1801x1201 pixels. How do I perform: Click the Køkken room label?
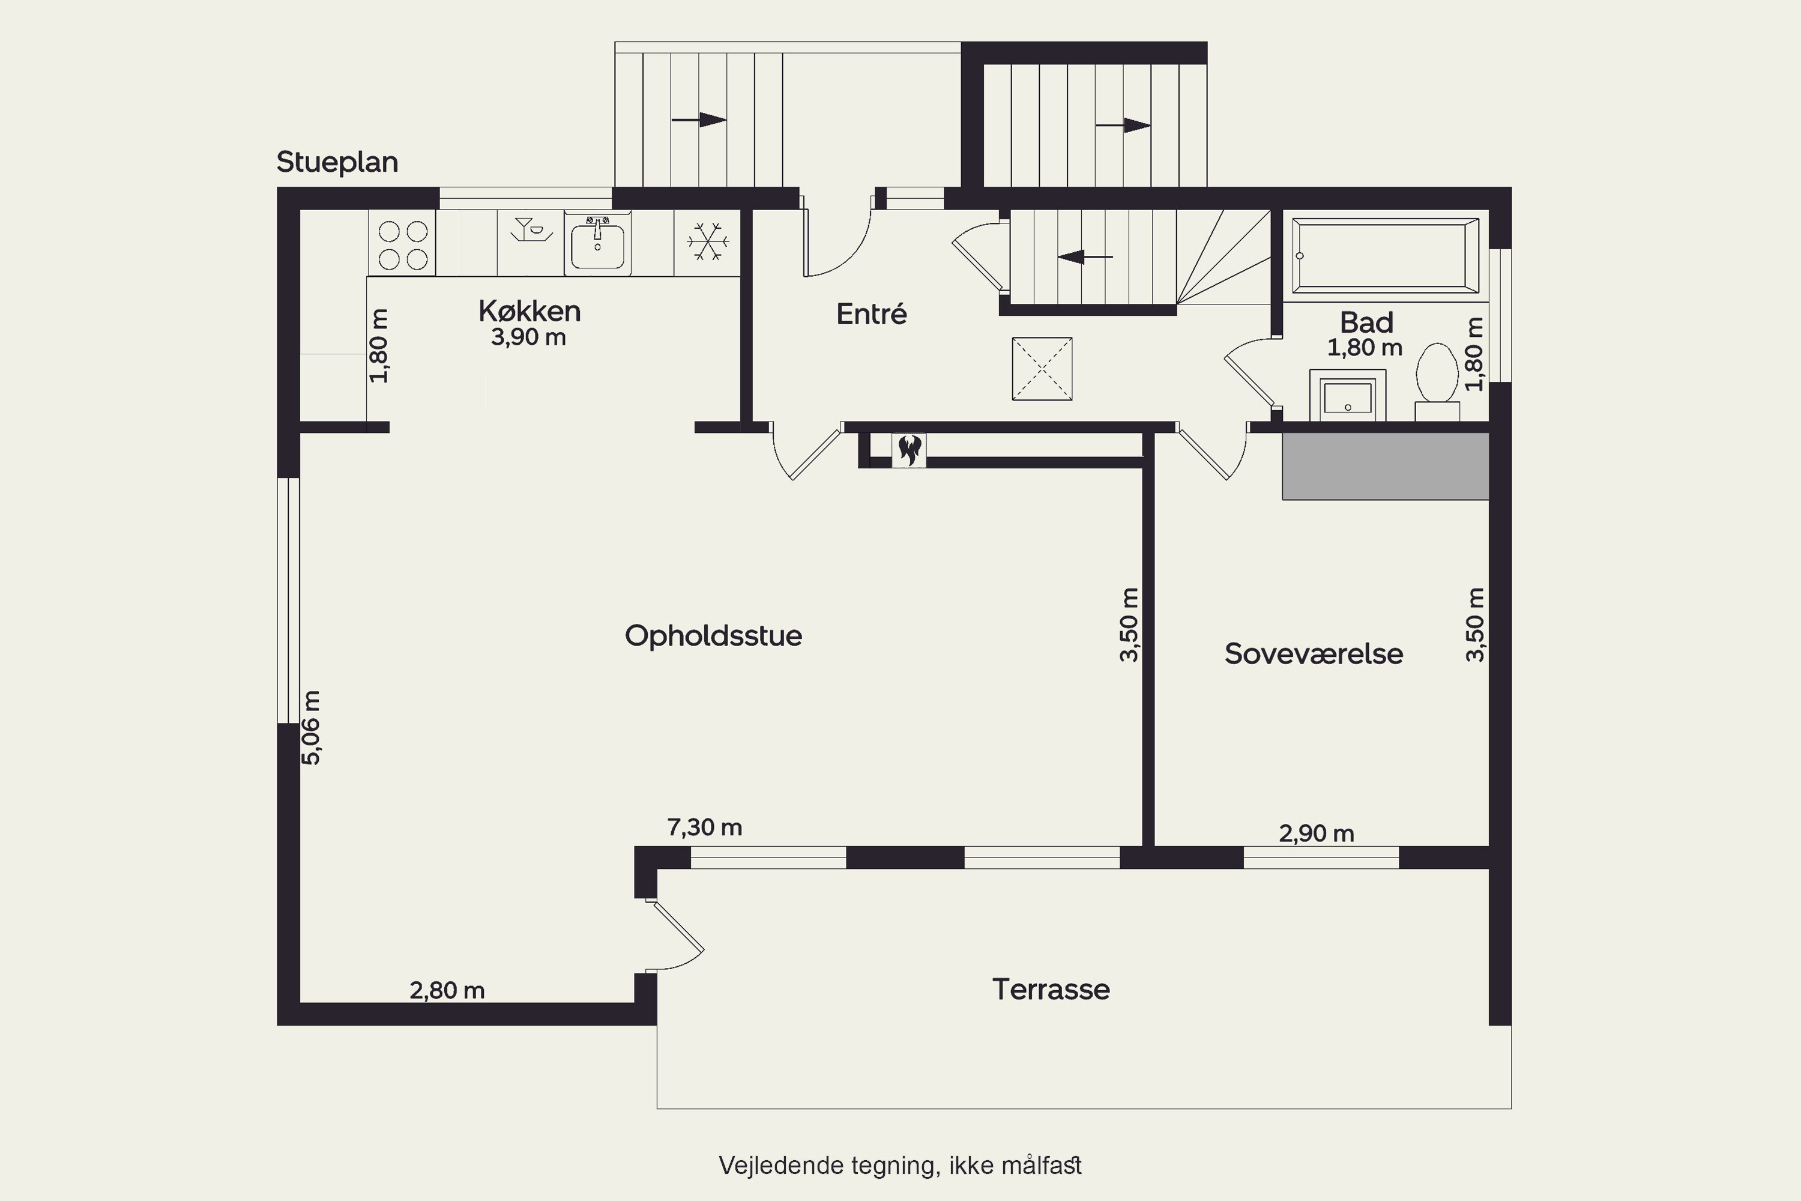[x=529, y=311]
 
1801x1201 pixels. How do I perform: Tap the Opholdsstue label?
[x=713, y=636]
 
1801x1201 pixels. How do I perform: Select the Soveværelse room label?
[x=1314, y=653]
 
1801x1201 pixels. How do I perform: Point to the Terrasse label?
[x=1051, y=989]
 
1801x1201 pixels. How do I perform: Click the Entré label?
[x=872, y=313]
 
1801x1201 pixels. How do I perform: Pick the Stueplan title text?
[x=337, y=162]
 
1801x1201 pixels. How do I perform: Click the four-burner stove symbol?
[x=403, y=244]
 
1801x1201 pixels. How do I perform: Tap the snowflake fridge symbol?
[x=708, y=242]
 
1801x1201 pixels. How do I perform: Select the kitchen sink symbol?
[x=597, y=244]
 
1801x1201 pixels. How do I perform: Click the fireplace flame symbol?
[x=909, y=450]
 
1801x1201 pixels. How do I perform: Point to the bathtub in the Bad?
[x=1385, y=256]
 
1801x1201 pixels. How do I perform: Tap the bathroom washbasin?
[x=1348, y=395]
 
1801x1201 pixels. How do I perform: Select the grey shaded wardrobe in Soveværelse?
[x=1385, y=467]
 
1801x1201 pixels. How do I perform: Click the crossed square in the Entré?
[x=1042, y=369]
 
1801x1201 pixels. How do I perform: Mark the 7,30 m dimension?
[x=704, y=827]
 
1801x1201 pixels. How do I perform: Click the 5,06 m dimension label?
[x=312, y=728]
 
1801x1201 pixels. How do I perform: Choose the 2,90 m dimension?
[x=1317, y=833]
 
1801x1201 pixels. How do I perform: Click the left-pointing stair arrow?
[x=1085, y=256]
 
